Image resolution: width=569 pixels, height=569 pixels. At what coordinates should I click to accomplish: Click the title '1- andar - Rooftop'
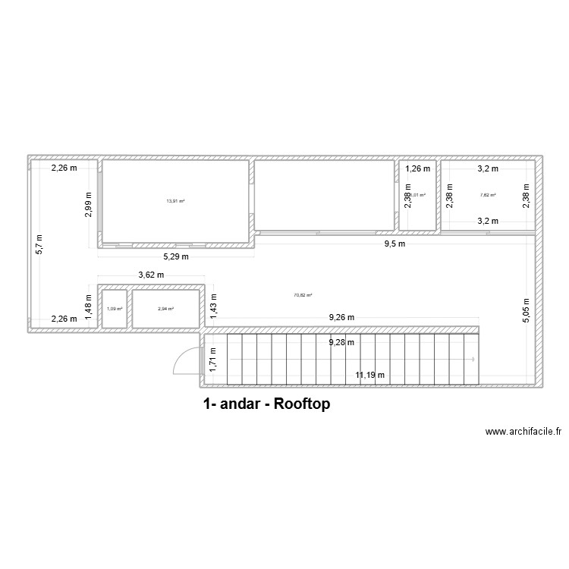tap(266, 404)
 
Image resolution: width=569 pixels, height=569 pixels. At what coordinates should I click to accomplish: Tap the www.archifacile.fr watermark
tap(523, 432)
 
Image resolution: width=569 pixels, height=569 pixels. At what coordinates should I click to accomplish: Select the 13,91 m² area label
tap(175, 201)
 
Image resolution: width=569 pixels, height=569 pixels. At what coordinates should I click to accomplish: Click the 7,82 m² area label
tap(487, 195)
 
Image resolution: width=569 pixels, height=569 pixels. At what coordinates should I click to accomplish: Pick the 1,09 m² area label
tap(114, 309)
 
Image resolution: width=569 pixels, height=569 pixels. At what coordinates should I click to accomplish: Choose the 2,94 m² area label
tap(165, 309)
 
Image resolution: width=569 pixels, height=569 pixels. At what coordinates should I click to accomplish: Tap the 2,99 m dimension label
tap(89, 205)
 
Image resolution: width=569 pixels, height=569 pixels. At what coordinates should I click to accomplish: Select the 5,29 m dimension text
tap(175, 257)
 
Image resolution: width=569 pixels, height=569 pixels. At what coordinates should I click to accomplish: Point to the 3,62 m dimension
tap(151, 275)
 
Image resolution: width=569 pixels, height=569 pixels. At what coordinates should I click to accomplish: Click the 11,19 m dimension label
tap(370, 375)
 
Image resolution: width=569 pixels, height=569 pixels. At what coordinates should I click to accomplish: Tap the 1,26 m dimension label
tap(417, 169)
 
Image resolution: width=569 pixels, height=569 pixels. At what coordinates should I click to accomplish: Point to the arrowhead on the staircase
tap(473, 360)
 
